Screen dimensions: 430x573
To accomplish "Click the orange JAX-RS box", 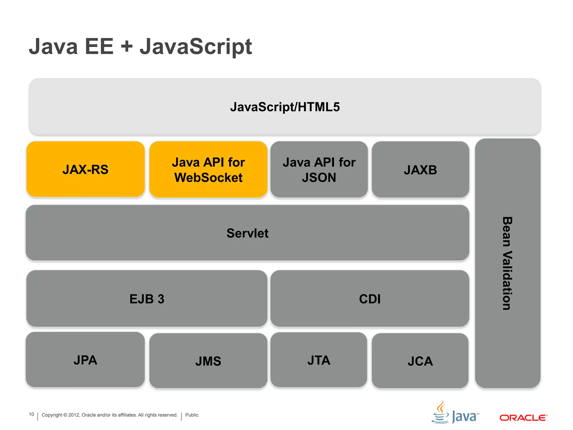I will tap(85, 169).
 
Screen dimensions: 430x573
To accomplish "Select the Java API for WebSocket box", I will tap(208, 170).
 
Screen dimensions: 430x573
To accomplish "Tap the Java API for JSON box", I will tap(319, 170).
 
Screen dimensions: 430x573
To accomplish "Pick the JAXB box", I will tap(420, 170).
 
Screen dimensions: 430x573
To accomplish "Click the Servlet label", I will tap(247, 233).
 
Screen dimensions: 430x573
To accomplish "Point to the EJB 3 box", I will tap(147, 299).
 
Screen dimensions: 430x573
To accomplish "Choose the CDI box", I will tap(370, 299).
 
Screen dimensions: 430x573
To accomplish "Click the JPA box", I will tap(85, 360).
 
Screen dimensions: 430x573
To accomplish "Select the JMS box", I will tap(208, 361).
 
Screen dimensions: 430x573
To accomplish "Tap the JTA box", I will tap(319, 360).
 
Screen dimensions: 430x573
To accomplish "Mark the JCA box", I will tap(420, 361).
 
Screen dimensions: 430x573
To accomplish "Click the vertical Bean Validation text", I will tap(507, 263).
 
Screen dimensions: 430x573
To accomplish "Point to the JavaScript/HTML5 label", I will tap(285, 107).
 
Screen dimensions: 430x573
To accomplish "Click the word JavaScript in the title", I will tap(196, 46).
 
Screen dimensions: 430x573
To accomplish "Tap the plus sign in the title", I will tap(127, 46).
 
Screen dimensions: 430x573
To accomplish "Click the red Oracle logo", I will tap(523, 418).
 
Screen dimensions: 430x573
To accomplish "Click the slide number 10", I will tap(31, 414).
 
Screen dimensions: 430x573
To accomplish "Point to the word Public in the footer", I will tap(192, 415).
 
